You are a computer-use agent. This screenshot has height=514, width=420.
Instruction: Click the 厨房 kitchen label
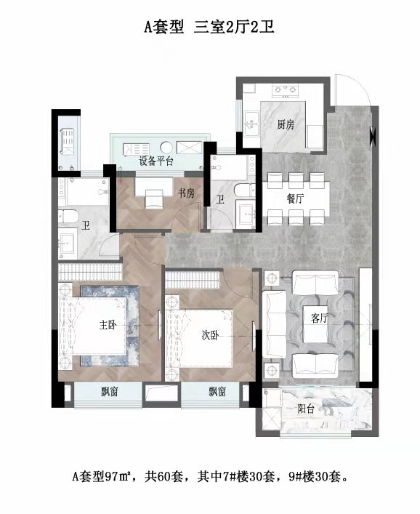[x=286, y=124]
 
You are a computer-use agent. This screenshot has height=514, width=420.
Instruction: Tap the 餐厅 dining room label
[x=295, y=198]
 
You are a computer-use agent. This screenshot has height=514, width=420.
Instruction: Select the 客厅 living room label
[x=320, y=318]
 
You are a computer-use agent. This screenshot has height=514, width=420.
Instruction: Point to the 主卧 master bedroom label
[x=108, y=324]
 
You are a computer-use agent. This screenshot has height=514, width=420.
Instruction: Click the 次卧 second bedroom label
[x=210, y=335]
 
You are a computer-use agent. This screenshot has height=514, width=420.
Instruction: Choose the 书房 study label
[x=187, y=193]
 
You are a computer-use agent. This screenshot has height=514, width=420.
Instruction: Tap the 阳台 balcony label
[x=306, y=409]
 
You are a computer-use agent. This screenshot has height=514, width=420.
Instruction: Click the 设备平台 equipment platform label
[x=156, y=161]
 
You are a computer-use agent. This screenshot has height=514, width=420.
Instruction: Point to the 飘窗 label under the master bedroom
[x=110, y=391]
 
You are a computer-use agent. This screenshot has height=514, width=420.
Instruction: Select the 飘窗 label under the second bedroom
[x=217, y=391]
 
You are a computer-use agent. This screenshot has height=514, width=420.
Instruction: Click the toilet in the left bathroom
[x=68, y=216]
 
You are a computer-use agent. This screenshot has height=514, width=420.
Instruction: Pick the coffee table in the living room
[x=316, y=324]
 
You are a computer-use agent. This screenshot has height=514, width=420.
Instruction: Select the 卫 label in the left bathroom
[x=86, y=225]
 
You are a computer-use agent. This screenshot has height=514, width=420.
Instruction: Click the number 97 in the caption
[x=111, y=476]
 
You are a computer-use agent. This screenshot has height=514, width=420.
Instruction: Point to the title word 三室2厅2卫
[x=234, y=27]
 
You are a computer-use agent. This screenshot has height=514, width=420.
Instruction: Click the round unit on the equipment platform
[x=166, y=147]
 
